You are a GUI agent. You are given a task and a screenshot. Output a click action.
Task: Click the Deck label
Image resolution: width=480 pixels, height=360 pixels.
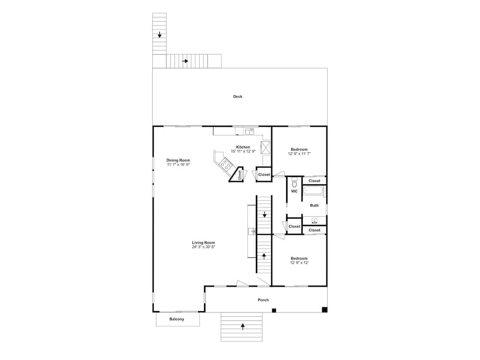tap(238, 96)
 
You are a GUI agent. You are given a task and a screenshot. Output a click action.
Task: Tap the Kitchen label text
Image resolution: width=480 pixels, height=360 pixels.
tap(243, 147)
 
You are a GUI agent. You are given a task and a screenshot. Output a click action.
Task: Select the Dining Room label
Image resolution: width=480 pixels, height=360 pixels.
tap(178, 160)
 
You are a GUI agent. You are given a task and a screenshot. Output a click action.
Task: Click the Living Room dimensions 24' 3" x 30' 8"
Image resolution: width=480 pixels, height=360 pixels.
tap(204, 247)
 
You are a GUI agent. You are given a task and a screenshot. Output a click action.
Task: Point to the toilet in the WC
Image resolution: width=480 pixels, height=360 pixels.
tap(295, 182)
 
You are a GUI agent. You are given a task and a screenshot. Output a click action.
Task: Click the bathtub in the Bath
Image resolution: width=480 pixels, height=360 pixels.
tap(313, 192)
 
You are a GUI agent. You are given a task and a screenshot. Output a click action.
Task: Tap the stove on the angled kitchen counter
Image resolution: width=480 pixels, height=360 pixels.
tap(225, 164)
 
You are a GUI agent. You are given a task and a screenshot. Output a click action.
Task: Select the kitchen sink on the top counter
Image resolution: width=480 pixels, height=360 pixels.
tap(250, 132)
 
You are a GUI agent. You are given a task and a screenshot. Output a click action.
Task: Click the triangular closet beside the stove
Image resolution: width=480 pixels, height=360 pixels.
tap(237, 175)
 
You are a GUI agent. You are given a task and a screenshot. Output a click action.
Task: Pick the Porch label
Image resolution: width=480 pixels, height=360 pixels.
tap(263, 300)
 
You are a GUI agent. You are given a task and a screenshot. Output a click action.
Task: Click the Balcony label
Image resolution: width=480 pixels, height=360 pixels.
tap(177, 319)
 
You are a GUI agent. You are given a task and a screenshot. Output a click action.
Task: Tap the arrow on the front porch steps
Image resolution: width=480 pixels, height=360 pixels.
tap(243, 326)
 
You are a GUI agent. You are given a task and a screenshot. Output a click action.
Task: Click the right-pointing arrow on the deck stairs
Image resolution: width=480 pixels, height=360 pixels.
tap(185, 61)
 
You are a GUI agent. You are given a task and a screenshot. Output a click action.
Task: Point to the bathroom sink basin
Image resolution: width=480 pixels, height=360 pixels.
tap(314, 220)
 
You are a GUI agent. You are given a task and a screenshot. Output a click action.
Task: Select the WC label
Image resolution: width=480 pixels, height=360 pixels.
tap(294, 192)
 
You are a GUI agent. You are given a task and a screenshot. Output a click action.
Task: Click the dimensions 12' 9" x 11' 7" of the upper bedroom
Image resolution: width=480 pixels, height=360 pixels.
tap(299, 154)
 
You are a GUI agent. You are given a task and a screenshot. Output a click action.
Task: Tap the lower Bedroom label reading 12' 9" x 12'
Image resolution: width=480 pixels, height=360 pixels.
tap(299, 261)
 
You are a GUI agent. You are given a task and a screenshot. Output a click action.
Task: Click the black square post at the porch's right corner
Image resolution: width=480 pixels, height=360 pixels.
tap(325, 310)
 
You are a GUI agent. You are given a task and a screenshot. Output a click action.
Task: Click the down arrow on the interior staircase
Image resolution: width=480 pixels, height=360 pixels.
tap(264, 215)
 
